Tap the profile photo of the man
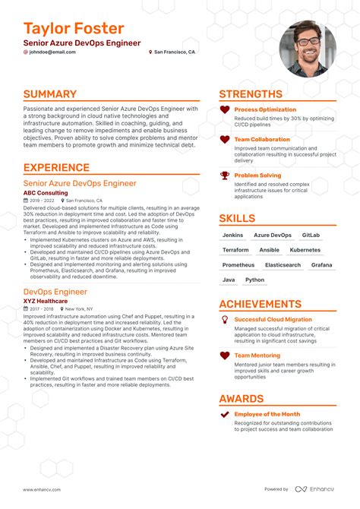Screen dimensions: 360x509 tap(306, 49)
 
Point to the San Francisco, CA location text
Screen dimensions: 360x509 tap(175, 52)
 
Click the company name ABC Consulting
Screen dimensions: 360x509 tap(46, 193)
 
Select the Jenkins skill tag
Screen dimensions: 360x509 tap(232, 236)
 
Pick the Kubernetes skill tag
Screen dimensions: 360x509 tap(305, 250)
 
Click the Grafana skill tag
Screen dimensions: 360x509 tap(321, 265)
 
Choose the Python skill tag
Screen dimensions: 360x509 tap(255, 280)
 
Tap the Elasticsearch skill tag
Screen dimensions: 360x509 tap(283, 265)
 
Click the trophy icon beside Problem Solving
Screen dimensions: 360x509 tap(225, 175)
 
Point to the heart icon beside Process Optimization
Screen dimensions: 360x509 tap(225, 110)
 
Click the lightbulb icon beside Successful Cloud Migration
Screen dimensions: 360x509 tap(225, 320)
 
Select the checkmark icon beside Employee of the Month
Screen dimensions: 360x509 tap(225, 415)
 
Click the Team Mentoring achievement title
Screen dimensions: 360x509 tap(257, 355)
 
